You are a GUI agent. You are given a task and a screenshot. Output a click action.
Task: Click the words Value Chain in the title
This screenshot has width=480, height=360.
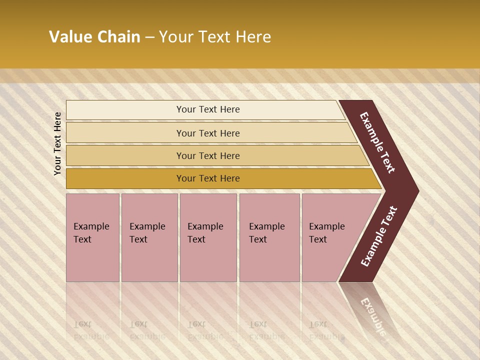[94, 37]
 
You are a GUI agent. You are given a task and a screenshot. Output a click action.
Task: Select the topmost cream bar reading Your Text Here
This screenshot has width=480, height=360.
[207, 109]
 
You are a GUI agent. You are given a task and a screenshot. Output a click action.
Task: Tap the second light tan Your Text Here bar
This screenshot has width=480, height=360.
[207, 133]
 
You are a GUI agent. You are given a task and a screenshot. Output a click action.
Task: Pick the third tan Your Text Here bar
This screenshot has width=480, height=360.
[207, 155]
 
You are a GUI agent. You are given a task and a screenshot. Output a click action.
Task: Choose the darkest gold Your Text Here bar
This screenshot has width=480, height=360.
[207, 178]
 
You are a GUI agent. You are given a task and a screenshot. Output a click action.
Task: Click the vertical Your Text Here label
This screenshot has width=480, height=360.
[57, 143]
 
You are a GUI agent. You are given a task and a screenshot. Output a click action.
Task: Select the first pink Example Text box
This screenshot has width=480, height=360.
[92, 237]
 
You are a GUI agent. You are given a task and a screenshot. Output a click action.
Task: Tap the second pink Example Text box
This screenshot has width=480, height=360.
[149, 237]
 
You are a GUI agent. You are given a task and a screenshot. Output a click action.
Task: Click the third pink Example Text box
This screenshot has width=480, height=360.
[207, 237]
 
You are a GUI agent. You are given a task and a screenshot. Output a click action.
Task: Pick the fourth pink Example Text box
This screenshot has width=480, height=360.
[269, 237]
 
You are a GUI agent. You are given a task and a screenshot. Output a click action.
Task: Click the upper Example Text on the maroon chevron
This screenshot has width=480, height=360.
[377, 142]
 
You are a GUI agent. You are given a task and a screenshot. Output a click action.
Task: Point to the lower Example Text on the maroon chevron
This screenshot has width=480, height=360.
[379, 236]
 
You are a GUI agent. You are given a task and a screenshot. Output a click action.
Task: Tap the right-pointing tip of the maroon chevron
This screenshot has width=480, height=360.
[416, 191]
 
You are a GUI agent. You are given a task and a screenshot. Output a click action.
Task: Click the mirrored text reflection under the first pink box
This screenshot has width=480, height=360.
[91, 330]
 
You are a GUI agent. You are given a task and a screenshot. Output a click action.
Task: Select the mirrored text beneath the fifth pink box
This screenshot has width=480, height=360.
[326, 330]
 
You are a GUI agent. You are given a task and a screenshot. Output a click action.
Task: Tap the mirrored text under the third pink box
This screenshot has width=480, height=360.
[205, 330]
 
